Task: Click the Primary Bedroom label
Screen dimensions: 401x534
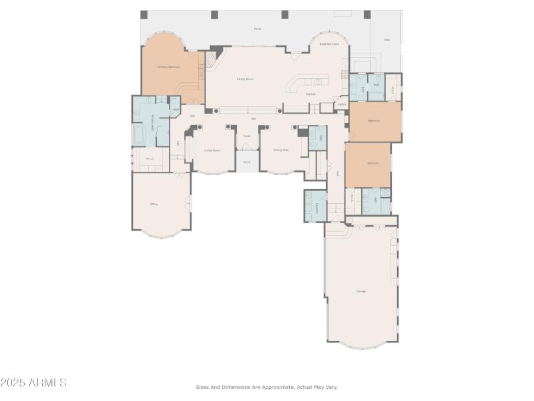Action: coord(169,68)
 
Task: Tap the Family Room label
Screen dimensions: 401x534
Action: coord(245,79)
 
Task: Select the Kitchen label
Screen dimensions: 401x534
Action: coord(311,94)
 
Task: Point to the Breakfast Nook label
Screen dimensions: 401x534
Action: coord(329,44)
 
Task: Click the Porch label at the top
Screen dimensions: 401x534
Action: coord(258,29)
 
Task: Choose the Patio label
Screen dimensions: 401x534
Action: coord(386,40)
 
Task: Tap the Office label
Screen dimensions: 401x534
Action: coord(154,204)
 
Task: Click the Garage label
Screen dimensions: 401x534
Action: coord(361,291)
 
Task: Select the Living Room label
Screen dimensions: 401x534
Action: coord(212,150)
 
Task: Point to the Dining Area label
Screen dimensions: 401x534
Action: coord(281,150)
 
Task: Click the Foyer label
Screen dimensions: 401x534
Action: coord(246,136)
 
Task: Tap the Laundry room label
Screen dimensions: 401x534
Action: coord(316,207)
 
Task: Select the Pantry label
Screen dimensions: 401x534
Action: coord(342,104)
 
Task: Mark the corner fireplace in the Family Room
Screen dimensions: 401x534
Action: coord(210,60)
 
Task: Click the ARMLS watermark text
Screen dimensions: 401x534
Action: coord(33,383)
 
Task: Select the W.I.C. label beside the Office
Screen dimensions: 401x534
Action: coord(150,159)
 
